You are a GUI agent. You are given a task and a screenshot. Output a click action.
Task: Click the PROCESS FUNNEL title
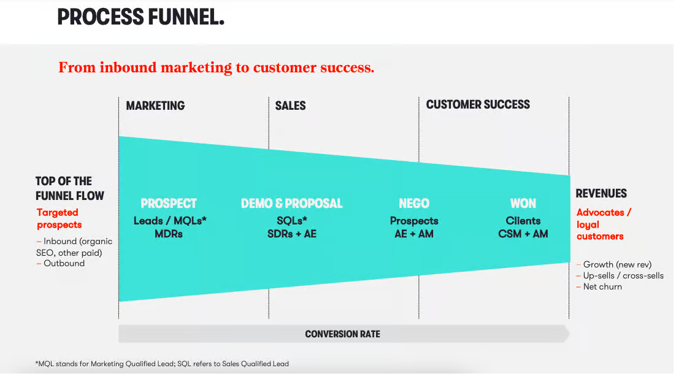pos(141,17)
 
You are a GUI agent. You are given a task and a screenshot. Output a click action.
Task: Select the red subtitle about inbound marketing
pos(217,67)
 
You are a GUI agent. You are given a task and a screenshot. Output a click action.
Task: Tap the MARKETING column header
pos(155,106)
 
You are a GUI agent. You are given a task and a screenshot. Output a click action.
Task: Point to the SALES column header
pos(290,106)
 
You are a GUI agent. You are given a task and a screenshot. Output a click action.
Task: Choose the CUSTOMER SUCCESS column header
pos(478,105)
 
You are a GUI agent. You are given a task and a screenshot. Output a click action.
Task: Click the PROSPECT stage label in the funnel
pos(169,204)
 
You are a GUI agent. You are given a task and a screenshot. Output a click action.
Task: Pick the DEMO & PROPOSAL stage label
pos(291,204)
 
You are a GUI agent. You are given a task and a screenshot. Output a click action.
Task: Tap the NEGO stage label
pos(414,204)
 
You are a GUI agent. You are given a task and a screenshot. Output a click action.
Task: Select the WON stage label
pos(523,204)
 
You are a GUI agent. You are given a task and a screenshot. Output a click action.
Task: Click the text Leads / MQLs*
pos(170,221)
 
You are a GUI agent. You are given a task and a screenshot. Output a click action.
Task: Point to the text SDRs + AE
pos(291,234)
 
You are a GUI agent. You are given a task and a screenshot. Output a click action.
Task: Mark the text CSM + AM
pos(523,234)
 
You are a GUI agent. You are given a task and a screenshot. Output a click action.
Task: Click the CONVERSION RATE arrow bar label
pos(343,334)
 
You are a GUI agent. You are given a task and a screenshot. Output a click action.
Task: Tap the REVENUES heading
pos(601,193)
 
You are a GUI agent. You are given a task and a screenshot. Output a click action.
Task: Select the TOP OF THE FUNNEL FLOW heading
pos(69,188)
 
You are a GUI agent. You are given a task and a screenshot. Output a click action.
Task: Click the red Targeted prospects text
pos(59,218)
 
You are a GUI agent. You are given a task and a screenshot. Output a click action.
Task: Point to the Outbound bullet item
pos(61,263)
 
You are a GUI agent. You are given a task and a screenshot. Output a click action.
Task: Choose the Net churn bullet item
pos(599,287)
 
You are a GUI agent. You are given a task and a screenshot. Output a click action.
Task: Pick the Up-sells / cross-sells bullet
pos(620,276)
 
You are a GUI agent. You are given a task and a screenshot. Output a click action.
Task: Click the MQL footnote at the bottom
pos(162,364)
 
